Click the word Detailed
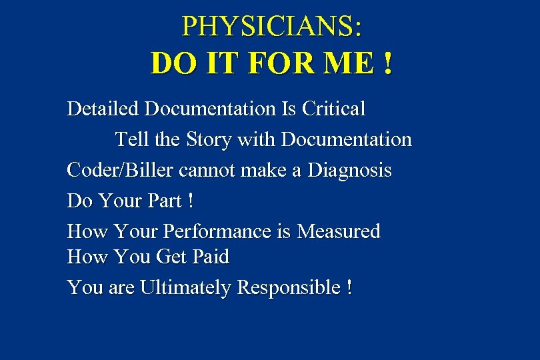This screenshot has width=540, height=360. coord(103,109)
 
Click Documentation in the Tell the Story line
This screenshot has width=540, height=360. coord(346,140)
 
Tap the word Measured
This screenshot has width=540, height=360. coord(339,231)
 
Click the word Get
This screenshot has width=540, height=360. coord(173,257)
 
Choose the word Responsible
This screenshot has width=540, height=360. coord(289,288)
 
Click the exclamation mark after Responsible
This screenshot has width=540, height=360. coord(349,288)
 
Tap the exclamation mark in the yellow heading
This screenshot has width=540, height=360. coord(387,64)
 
